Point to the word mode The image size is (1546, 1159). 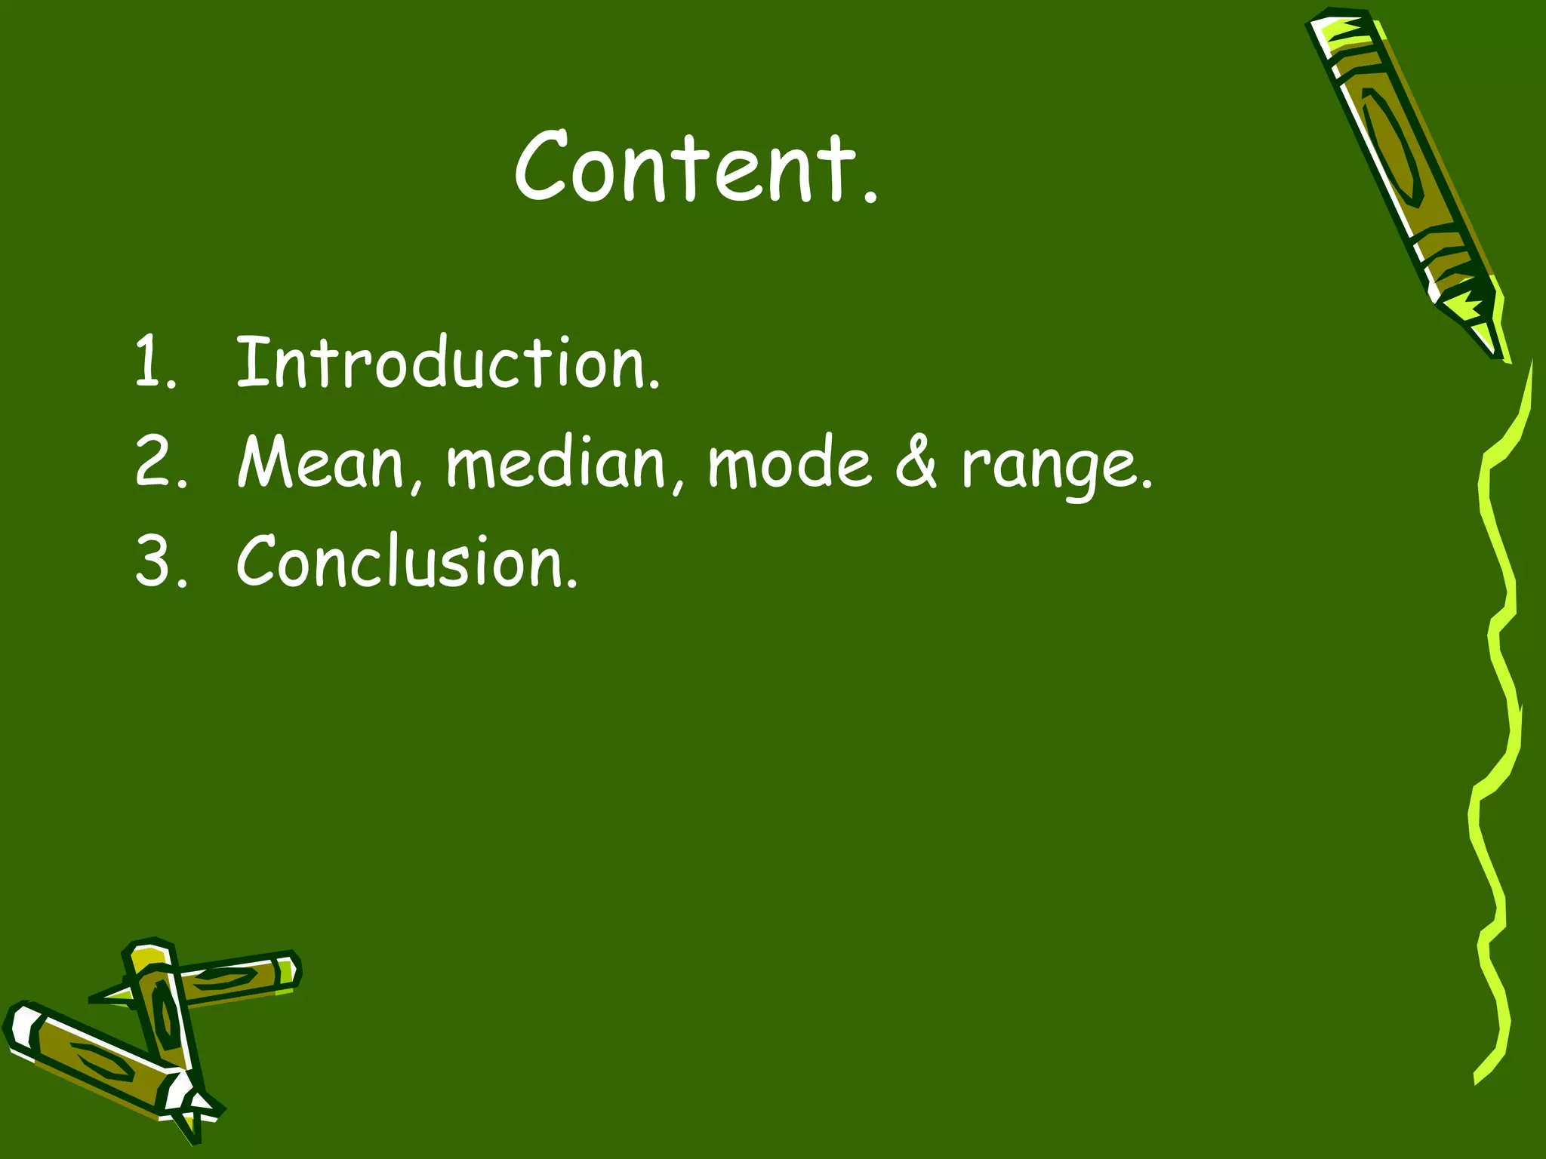click(789, 461)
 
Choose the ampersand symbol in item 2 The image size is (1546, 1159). click(916, 461)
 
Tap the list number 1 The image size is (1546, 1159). click(148, 363)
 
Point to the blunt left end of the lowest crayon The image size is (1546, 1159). click(18, 1026)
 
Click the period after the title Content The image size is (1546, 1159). click(871, 198)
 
